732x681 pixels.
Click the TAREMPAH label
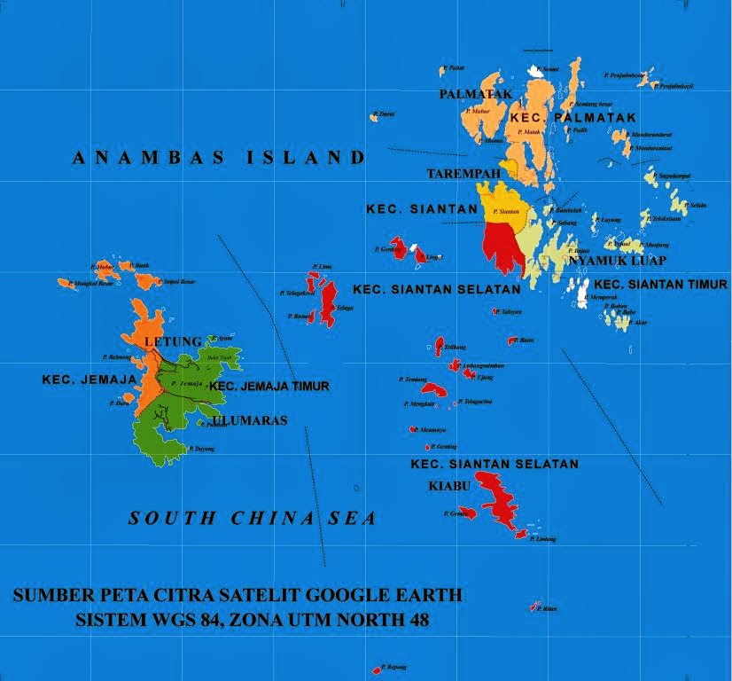pyautogui.click(x=463, y=173)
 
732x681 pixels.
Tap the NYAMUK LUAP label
pyautogui.click(x=617, y=261)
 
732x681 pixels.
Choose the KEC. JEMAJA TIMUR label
pyautogui.click(x=269, y=386)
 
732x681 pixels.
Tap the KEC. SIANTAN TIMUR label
pyautogui.click(x=660, y=284)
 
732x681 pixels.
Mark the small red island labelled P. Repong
pyautogui.click(x=376, y=670)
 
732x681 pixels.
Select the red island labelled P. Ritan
pyautogui.click(x=534, y=607)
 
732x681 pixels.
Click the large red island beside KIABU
pyautogui.click(x=505, y=501)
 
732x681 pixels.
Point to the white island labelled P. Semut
pyautogui.click(x=534, y=70)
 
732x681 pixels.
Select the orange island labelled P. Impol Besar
pyautogui.click(x=145, y=281)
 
